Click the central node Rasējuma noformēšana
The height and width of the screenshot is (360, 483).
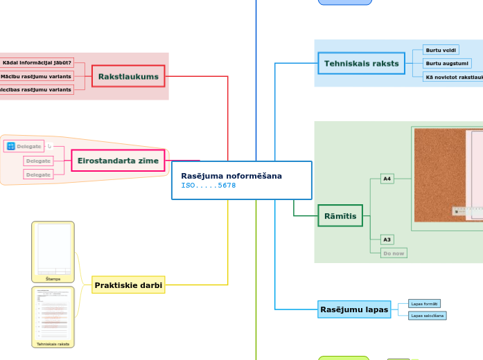pyautogui.click(x=231, y=176)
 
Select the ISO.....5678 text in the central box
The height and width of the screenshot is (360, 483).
pyautogui.click(x=209, y=186)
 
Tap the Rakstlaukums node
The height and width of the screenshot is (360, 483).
pyautogui.click(x=129, y=76)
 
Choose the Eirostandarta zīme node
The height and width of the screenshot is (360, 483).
pyautogui.click(x=118, y=161)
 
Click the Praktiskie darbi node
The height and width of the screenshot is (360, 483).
pyautogui.click(x=128, y=285)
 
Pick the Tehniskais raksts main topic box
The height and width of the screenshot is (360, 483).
pyautogui.click(x=361, y=64)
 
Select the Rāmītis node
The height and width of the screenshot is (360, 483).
pyautogui.click(x=340, y=216)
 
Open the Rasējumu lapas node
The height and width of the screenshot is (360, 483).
pyautogui.click(x=353, y=309)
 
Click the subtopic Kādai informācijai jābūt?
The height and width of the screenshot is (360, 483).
pyautogui.click(x=37, y=63)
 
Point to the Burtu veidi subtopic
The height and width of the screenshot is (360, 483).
pyautogui.click(x=441, y=51)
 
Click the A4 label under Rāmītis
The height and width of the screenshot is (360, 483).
pyautogui.click(x=387, y=179)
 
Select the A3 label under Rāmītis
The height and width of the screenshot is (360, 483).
pyautogui.click(x=387, y=240)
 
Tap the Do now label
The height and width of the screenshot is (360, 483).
pyautogui.click(x=394, y=253)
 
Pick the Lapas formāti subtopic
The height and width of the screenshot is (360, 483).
pyautogui.click(x=424, y=303)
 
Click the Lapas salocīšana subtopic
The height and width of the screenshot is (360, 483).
pyautogui.click(x=427, y=316)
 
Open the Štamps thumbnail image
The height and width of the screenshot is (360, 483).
pyautogui.click(x=53, y=250)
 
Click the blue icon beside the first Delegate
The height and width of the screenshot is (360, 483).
pyautogui.click(x=10, y=146)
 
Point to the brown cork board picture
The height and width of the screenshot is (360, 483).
pyautogui.click(x=439, y=173)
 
